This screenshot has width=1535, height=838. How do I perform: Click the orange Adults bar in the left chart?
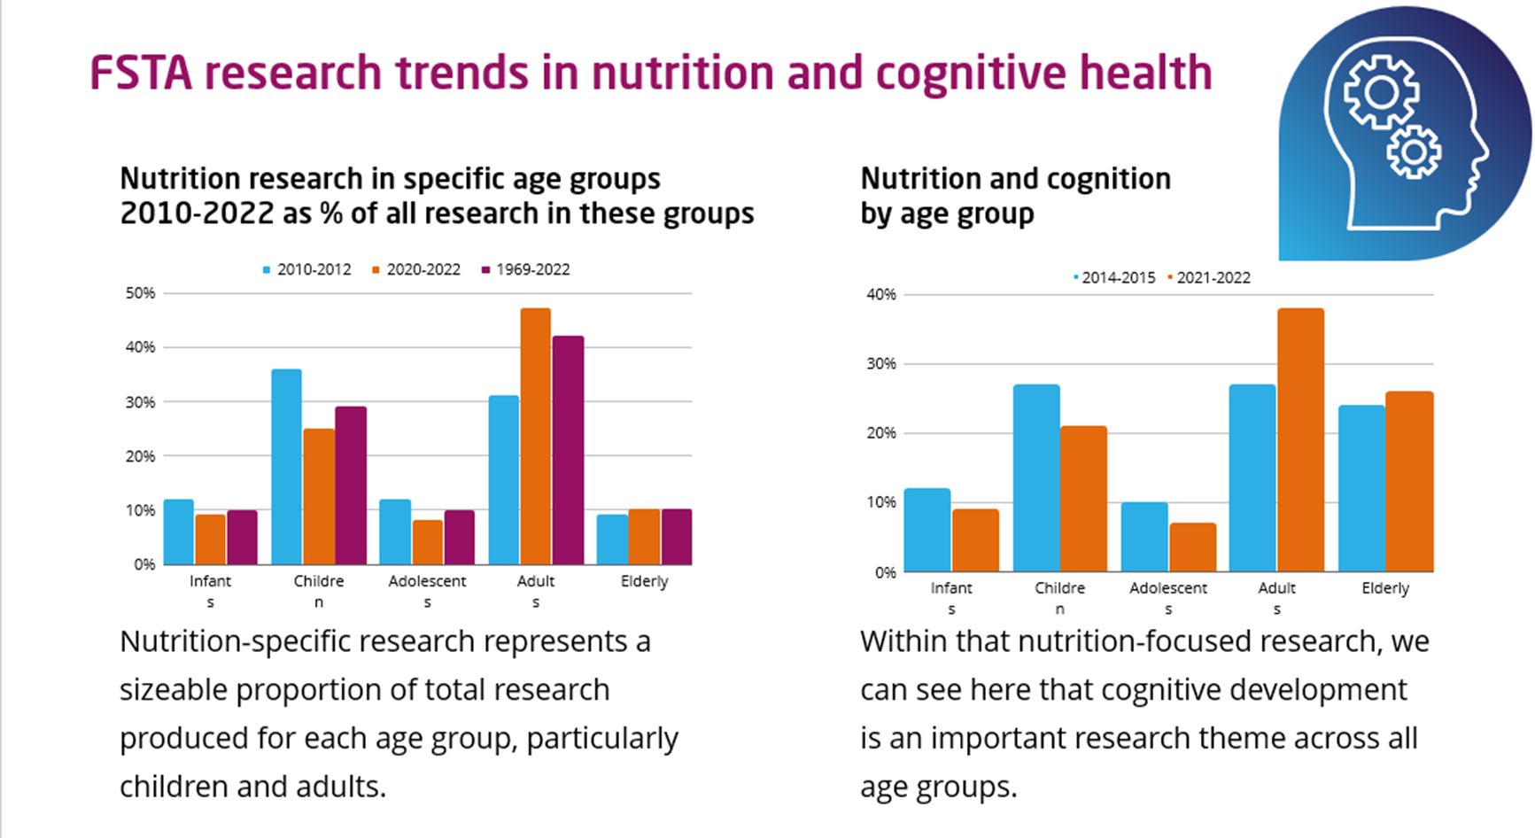(535, 436)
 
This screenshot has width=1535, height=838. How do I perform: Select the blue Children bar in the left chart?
(286, 466)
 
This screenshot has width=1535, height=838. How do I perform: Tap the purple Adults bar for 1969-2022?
(568, 450)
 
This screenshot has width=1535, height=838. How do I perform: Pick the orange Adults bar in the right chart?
(1300, 439)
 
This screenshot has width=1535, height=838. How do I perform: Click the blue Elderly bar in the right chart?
(1361, 488)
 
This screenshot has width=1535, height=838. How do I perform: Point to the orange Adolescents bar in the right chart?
(1192, 547)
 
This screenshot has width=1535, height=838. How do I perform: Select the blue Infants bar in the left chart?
(178, 532)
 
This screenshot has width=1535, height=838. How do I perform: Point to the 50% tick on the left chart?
(140, 293)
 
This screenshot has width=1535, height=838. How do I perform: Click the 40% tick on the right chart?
(881, 294)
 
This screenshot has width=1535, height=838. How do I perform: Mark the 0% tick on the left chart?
(144, 564)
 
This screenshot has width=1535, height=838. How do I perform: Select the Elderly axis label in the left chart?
(644, 581)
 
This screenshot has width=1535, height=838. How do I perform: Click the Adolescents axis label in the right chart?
(1167, 588)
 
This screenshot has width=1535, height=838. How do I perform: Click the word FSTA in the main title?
(141, 73)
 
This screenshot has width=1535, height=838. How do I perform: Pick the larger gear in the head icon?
(1381, 91)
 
